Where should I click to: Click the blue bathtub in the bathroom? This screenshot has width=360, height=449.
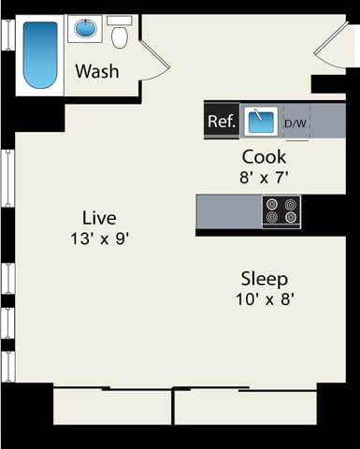(40, 54)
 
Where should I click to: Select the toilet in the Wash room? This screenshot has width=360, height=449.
(119, 36)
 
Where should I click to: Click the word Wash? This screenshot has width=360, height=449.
(96, 71)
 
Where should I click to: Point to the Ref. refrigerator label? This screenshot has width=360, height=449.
(221, 121)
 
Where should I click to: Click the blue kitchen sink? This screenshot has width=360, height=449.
(260, 121)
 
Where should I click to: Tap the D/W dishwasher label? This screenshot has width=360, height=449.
(295, 123)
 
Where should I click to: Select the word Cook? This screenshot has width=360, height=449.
(264, 156)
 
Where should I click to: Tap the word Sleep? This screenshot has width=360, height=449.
(264, 279)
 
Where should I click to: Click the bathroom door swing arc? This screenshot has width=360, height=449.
(157, 61)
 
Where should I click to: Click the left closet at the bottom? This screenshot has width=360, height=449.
(112, 406)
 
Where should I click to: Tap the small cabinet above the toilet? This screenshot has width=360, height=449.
(119, 19)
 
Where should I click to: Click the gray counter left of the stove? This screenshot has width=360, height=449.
(228, 210)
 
